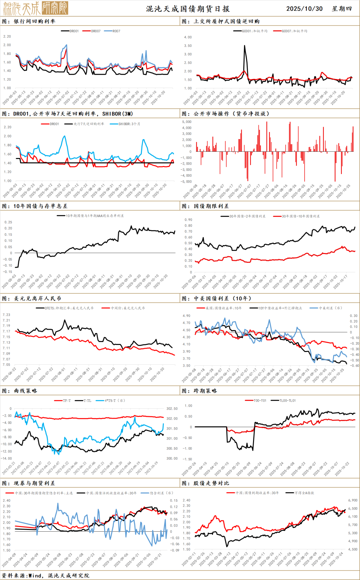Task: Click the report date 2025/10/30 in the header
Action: tap(304, 9)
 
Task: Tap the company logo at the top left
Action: tap(36, 8)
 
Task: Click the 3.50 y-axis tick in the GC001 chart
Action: tap(188, 46)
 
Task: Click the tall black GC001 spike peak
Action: tap(245, 46)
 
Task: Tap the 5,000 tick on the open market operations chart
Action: tap(187, 122)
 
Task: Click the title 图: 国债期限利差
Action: tap(205, 206)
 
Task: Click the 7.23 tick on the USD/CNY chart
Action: tap(6, 315)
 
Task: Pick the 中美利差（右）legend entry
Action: tap(330, 308)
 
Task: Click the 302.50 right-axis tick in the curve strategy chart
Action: tap(172, 409)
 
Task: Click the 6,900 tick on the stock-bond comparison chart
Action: tap(353, 500)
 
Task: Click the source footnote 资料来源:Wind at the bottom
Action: tap(45, 575)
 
